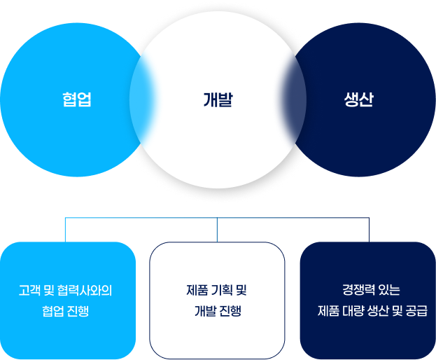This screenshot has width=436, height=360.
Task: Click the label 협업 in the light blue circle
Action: click(77, 99)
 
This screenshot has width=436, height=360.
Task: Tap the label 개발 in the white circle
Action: click(218, 99)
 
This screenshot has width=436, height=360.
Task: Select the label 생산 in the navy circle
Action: click(359, 99)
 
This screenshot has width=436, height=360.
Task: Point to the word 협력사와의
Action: click(85, 290)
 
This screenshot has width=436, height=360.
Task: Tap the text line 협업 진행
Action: click(66, 311)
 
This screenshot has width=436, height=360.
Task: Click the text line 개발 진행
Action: click(218, 311)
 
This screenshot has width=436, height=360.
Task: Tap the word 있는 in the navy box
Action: click(390, 290)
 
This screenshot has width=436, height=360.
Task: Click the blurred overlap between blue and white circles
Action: click(142, 99)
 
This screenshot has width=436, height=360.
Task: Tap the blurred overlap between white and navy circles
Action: click(294, 99)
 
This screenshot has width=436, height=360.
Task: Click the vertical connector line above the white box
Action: click(217, 230)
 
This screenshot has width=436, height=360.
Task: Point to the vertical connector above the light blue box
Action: click(65, 230)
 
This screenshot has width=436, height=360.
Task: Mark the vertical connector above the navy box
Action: click(370, 230)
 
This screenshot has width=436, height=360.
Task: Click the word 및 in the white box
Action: click(241, 290)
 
